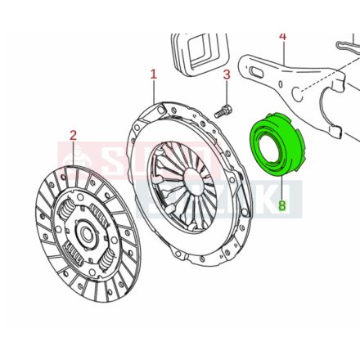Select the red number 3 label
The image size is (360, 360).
tap(227, 77)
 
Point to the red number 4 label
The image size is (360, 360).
tap(283, 36)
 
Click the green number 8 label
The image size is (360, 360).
tap(283, 206)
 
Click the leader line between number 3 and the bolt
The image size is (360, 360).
tap(226, 92)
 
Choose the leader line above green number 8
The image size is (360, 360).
tap(282, 187)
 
